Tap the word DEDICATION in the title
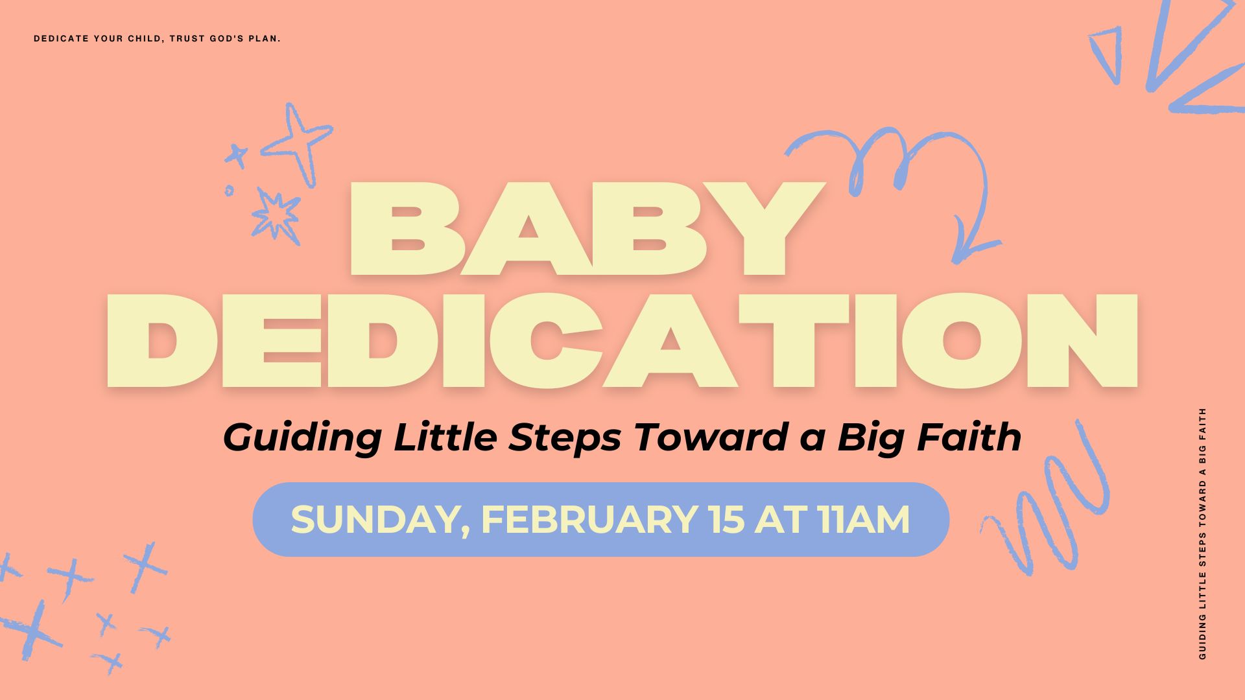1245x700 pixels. point(622,341)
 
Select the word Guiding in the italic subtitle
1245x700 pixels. point(302,439)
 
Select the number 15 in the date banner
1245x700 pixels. point(727,520)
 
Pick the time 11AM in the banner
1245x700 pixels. point(864,520)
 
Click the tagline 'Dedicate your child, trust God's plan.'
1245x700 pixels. point(157,39)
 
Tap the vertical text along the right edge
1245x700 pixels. point(1203,533)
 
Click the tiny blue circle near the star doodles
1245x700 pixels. point(229,191)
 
